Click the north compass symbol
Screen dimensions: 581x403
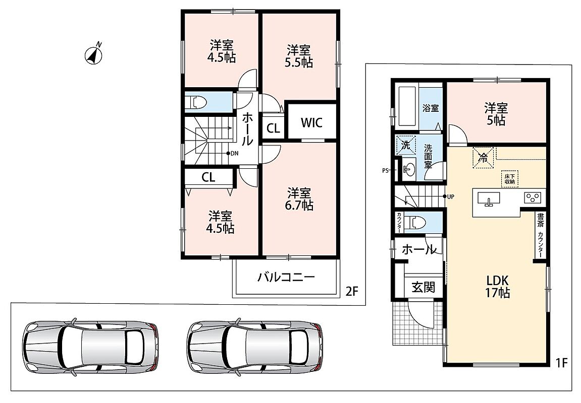click(x=94, y=54)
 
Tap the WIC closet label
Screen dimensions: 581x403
click(x=311, y=122)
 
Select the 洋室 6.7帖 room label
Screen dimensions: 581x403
click(x=299, y=199)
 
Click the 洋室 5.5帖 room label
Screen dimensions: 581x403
click(x=299, y=56)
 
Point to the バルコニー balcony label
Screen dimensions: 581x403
click(x=286, y=277)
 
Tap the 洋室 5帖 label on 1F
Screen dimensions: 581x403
click(x=495, y=114)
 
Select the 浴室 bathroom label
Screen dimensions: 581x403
click(x=431, y=108)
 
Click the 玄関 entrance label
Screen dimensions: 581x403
click(x=423, y=287)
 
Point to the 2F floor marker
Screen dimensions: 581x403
click(x=352, y=291)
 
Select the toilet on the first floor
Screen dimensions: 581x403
click(x=415, y=223)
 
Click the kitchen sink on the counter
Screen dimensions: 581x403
click(x=489, y=198)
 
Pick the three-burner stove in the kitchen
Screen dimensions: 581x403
click(x=533, y=198)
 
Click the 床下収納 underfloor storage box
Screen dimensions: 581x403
click(x=509, y=179)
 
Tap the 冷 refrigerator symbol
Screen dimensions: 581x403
click(x=483, y=158)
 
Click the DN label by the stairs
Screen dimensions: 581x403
click(x=235, y=153)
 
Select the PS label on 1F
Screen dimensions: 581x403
click(x=385, y=170)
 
